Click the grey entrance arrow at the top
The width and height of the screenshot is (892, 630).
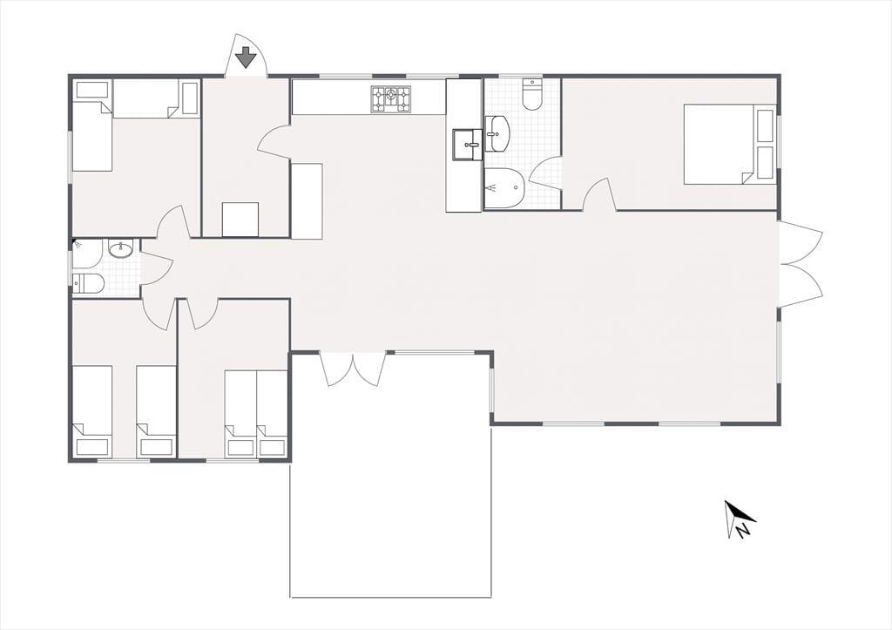pyautogui.click(x=245, y=58)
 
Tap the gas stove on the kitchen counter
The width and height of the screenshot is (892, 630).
pyautogui.click(x=391, y=99)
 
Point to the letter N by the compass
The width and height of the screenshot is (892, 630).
pyautogui.click(x=742, y=531)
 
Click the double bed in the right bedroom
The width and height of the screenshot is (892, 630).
pyautogui.click(x=730, y=144)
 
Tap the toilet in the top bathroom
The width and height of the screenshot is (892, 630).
pyautogui.click(x=532, y=94)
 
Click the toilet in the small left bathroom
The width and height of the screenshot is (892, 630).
pyautogui.click(x=88, y=283)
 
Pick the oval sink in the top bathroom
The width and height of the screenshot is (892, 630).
pyautogui.click(x=497, y=133)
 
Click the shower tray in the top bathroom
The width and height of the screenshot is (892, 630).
pyautogui.click(x=504, y=188)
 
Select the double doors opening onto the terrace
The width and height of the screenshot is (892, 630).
pyautogui.click(x=354, y=370)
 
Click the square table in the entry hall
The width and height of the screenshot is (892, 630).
pyautogui.click(x=240, y=219)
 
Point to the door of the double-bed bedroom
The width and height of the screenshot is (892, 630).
pyautogui.click(x=599, y=194)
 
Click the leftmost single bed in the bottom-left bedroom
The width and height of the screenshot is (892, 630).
pyautogui.click(x=92, y=410)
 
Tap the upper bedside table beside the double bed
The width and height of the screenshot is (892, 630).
pyautogui.click(x=765, y=125)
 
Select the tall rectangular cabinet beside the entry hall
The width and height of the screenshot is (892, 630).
pyautogui.click(x=307, y=200)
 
